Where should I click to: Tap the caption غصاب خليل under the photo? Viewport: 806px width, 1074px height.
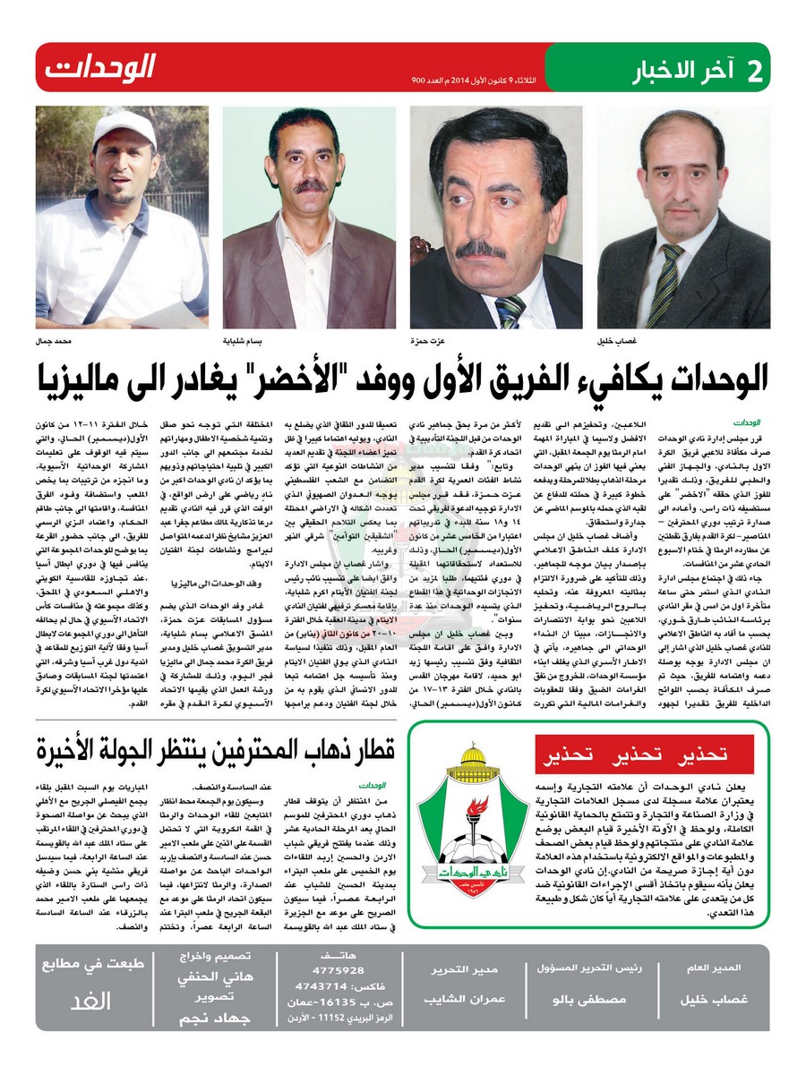tap(619, 342)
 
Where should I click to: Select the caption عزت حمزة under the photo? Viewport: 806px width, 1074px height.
tap(435, 342)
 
